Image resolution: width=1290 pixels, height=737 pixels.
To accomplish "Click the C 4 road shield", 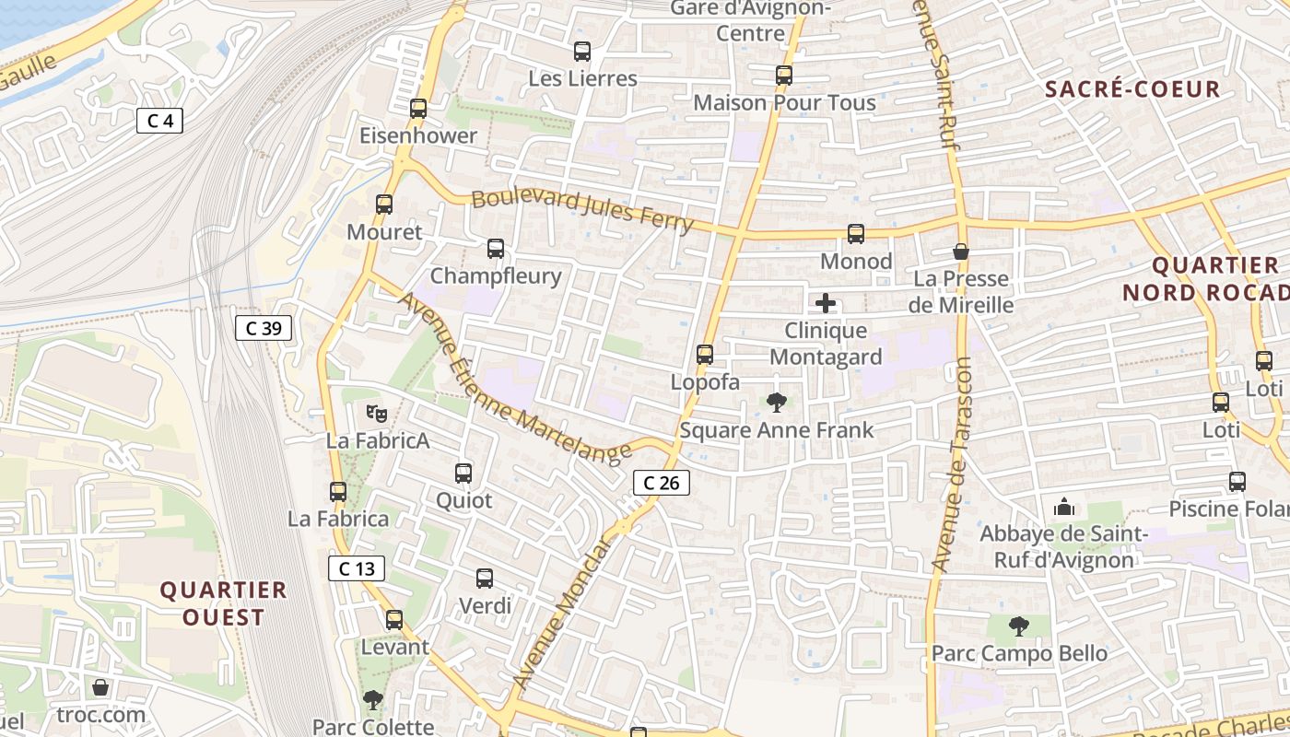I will coord(159,121).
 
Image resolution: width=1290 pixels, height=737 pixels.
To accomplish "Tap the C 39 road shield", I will coord(264,328).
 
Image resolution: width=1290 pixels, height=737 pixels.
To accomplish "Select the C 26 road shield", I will coord(661,482).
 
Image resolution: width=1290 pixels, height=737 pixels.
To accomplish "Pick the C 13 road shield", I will coord(357,568).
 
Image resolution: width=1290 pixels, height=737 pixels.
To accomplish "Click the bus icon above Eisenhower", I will coord(418,109).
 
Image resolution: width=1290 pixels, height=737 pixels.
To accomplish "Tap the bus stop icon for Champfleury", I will coord(496,249).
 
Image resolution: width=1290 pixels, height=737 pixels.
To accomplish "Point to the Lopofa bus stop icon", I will coord(705,355).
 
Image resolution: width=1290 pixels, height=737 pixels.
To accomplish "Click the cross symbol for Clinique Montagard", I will coord(826,303).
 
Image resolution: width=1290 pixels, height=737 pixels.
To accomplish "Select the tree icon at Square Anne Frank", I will coord(777,403).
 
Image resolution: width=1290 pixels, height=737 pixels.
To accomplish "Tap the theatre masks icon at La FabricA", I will coord(376,414).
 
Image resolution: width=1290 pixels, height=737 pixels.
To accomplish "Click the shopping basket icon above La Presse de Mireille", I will coord(961,252).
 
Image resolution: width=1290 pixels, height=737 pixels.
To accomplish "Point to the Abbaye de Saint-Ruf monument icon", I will coord(1064,507).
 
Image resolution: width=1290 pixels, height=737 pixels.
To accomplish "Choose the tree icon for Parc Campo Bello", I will coord(1018,626).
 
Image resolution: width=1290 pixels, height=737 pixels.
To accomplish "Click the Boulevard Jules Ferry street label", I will coord(581,210).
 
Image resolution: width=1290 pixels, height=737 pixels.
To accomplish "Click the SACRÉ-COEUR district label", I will coord(1133,89).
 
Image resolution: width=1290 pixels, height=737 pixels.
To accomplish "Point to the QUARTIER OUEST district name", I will coord(223,603).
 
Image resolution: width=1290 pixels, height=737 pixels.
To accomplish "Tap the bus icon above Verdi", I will coord(485,579).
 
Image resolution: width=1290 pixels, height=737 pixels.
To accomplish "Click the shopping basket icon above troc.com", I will coord(100,687).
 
